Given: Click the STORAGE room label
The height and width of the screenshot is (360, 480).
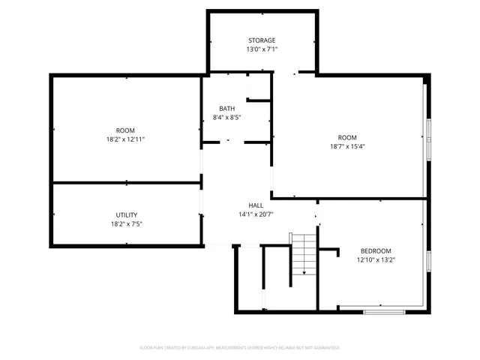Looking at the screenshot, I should (262, 40).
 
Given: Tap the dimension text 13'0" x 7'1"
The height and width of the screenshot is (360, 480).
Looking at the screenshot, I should (262, 50).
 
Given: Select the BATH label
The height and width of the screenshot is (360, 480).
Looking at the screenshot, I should (226, 108).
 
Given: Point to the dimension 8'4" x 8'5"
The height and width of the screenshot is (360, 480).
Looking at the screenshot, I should (226, 118).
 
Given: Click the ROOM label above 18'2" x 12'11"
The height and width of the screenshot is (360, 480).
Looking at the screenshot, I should (125, 130).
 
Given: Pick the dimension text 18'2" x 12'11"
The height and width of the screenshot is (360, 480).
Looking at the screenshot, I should (125, 139).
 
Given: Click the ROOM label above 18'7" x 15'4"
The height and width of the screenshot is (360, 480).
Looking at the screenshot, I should (346, 137).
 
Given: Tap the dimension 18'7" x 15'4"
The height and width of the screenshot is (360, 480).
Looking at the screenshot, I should (346, 147).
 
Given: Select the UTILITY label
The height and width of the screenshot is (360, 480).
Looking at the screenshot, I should (125, 214).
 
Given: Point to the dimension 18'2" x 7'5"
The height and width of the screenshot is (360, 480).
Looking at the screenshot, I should (125, 224).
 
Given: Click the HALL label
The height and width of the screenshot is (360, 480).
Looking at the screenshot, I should (256, 205).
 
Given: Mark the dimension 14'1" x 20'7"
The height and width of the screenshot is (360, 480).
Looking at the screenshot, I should (256, 214).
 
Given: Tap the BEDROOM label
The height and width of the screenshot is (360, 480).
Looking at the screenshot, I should (375, 251).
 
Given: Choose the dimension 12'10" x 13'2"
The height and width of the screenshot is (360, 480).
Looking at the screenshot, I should (375, 261).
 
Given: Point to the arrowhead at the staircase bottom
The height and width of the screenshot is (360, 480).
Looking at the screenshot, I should (303, 273).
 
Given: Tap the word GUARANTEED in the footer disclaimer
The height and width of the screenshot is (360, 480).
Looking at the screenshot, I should (326, 348).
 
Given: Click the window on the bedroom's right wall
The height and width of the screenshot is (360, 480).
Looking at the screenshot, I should (427, 262).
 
